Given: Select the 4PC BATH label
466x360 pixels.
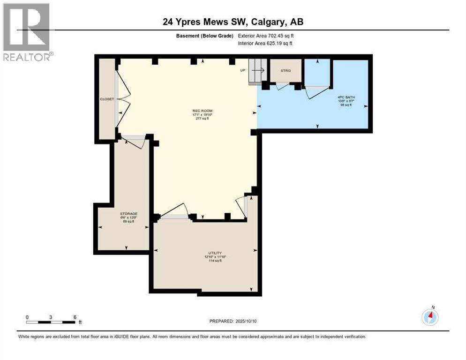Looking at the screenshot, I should tap(344, 97).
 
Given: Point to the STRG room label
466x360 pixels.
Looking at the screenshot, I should tap(286, 71).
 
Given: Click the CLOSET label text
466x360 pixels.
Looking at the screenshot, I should tap(107, 99).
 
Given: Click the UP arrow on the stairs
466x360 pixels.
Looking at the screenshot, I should tap(258, 70).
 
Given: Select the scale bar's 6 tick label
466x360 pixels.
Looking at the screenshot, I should tap(75, 317).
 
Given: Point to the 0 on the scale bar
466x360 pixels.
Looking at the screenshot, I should tap(27, 317).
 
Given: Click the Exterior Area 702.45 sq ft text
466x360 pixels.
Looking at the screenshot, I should tap(266, 36).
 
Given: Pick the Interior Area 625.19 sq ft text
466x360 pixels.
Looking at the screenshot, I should tap(265, 44).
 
